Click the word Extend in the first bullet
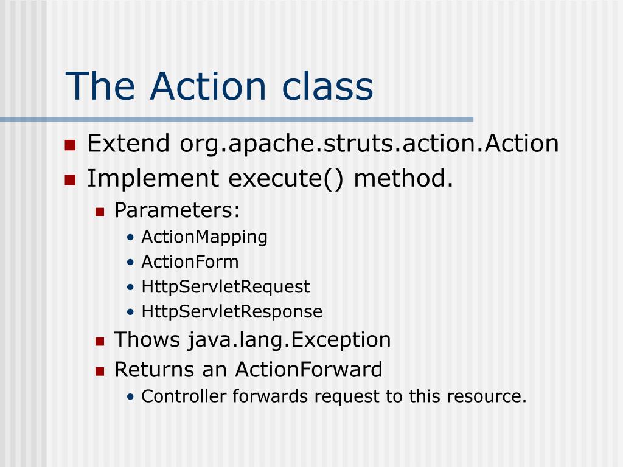(x=128, y=144)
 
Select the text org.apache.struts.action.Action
(x=369, y=145)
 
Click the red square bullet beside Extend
(x=70, y=145)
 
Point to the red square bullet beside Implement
(x=70, y=179)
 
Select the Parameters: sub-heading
(x=178, y=210)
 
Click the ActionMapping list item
(x=204, y=237)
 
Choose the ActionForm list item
(x=190, y=262)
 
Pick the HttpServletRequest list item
(x=225, y=286)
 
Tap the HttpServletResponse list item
(x=232, y=312)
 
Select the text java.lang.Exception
(x=289, y=340)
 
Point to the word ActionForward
(x=309, y=369)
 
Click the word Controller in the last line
(x=174, y=396)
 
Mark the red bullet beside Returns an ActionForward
(x=100, y=370)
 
